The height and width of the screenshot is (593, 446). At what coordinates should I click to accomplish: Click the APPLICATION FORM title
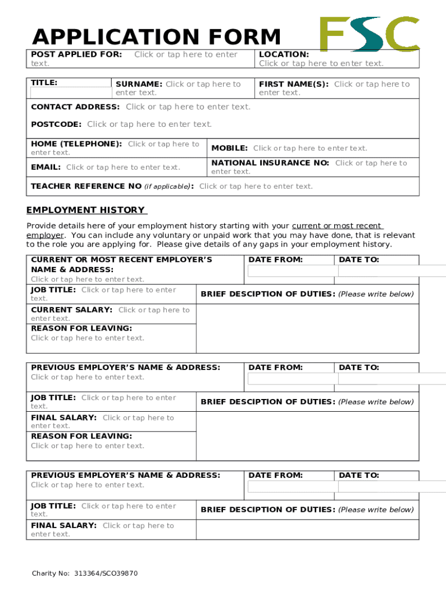156,37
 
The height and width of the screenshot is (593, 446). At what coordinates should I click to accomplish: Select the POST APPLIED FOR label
76,54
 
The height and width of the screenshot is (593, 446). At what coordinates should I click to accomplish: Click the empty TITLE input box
70,92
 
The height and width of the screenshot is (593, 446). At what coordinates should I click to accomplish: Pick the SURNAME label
139,84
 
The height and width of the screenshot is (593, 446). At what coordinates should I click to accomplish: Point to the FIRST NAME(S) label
294,84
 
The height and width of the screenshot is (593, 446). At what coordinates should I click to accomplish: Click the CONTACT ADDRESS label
75,107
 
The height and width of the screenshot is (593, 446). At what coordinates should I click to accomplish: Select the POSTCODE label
56,124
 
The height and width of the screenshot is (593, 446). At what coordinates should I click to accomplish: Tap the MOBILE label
229,148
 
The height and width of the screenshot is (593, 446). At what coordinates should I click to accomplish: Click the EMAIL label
46,167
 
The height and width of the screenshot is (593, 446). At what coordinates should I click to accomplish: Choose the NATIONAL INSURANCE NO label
270,163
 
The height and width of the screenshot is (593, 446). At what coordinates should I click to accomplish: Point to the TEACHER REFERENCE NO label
86,186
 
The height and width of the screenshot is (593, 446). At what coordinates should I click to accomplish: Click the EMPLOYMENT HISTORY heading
86,210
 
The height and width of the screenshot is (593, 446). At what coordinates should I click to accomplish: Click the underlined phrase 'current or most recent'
337,226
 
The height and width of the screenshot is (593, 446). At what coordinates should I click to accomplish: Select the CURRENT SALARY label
72,310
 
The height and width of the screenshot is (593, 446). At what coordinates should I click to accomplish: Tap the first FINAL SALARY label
64,418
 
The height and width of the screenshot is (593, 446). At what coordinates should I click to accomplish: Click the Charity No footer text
85,573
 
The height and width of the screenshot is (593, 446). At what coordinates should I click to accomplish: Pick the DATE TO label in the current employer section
359,260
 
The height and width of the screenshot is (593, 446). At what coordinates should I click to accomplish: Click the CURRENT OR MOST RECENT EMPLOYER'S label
122,259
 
